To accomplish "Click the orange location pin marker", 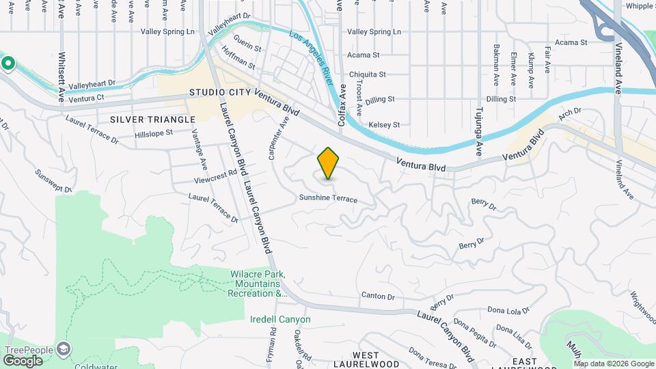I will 328,163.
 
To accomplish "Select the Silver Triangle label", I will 143,119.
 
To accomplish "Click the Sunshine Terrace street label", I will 328,199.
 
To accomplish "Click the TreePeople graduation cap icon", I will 64,349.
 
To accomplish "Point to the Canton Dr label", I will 378,297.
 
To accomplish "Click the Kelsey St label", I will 384,125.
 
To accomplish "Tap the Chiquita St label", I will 368,74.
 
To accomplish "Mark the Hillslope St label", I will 154,134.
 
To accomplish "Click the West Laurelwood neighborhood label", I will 366,360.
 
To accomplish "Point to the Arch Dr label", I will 569,111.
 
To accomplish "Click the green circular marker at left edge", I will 8,64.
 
